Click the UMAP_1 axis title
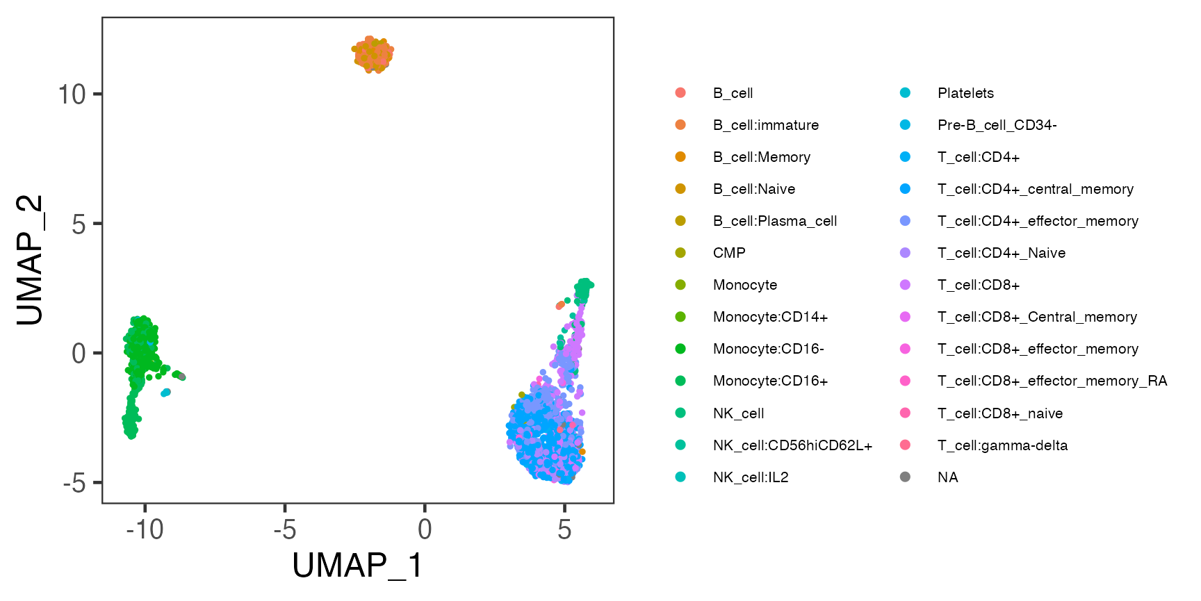357,565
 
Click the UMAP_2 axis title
30,259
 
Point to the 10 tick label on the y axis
72,94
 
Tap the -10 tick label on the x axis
145,530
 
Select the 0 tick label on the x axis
425,530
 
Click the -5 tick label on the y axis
74,483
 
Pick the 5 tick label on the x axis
564,530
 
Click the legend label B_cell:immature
765,125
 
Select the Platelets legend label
965,93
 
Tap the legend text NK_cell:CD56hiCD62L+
792,445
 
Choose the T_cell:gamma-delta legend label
1002,445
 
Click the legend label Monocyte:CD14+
770,317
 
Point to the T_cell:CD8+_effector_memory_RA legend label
1052,381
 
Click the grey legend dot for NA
905,477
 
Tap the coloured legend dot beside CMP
680,253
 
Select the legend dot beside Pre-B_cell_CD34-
905,125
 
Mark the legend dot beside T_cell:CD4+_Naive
905,253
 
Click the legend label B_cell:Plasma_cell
774,221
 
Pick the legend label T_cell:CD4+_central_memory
1035,189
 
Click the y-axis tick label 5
79,224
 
